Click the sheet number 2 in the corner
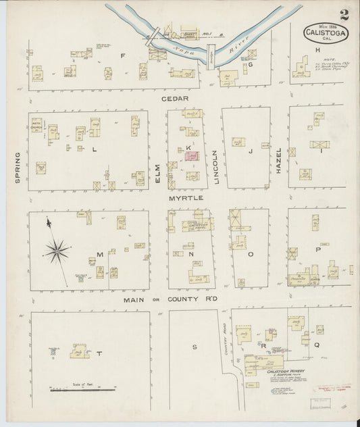click(344, 14)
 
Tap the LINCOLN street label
click(216, 166)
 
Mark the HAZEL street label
click(278, 161)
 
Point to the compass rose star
click(57, 252)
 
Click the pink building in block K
click(192, 155)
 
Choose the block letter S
click(193, 346)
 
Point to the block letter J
click(249, 151)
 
